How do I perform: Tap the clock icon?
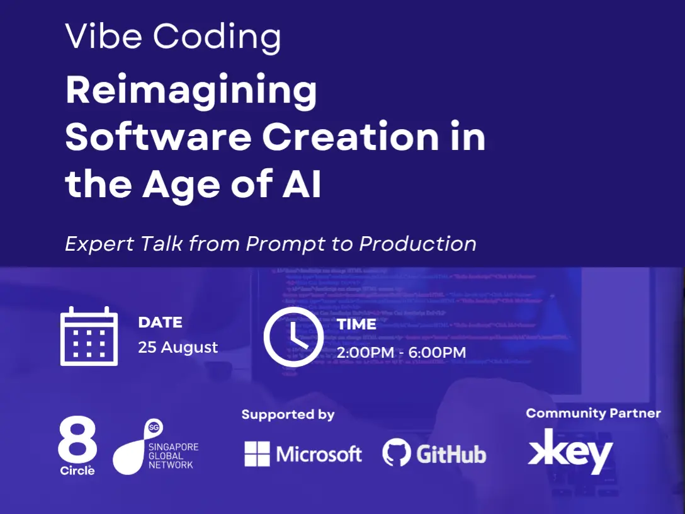point(293,337)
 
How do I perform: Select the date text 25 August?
point(178,347)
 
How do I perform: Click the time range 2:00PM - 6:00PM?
point(401,352)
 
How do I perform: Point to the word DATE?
point(160,323)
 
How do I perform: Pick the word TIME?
point(356,324)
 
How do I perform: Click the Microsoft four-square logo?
point(257,454)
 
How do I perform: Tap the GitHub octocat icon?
point(397,453)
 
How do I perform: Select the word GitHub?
point(451,454)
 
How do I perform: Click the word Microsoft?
point(319,454)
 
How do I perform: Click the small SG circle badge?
point(153,427)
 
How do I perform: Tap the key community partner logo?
point(570,450)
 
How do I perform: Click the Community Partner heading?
point(593,413)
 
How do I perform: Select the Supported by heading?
point(288,414)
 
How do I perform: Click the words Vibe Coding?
point(173,38)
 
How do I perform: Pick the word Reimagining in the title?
point(191,91)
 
